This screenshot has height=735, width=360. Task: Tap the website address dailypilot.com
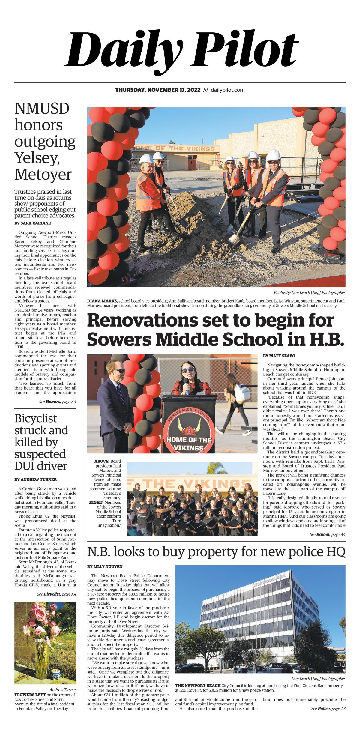(228, 90)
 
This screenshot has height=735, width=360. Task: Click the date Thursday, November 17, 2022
(158, 90)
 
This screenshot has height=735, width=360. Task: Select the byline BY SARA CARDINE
(33, 223)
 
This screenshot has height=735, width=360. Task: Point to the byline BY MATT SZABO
(279, 356)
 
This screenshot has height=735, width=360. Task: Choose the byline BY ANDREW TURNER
(35, 480)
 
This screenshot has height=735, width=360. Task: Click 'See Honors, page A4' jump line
(57, 402)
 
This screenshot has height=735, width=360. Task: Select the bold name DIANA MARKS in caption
(102, 301)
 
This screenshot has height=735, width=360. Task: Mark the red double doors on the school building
(192, 164)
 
